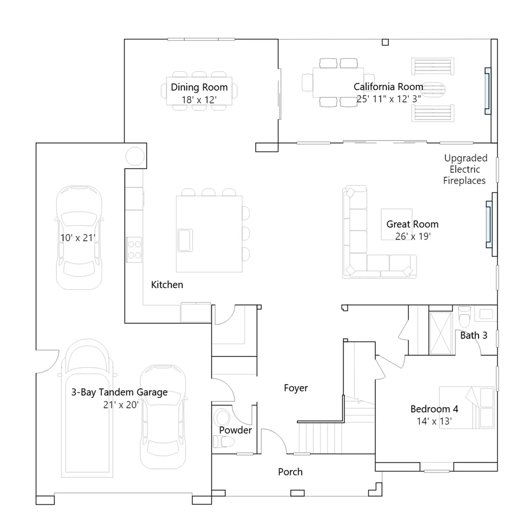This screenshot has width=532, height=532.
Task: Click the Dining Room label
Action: (199, 87)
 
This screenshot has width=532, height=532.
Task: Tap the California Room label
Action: (388, 87)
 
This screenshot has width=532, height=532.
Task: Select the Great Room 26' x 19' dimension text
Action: (413, 236)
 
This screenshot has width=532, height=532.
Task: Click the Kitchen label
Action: (167, 285)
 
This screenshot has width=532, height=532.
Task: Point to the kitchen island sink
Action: (185, 240)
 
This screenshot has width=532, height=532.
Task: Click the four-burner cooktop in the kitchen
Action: (134, 250)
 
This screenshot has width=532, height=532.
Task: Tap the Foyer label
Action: (296, 388)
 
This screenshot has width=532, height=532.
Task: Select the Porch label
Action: (290, 472)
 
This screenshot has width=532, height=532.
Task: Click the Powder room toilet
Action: (223, 442)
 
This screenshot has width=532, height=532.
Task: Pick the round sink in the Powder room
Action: (222, 417)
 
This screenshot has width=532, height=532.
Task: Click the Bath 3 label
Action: (474, 335)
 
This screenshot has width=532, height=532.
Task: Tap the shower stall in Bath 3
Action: (441, 333)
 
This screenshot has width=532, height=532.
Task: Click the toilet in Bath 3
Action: (465, 317)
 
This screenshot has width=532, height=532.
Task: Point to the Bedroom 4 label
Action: (434, 409)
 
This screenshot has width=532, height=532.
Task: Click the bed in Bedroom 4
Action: (467, 407)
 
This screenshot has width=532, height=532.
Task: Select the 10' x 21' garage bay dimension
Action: (78, 238)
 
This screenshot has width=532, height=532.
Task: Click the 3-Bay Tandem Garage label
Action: (119, 392)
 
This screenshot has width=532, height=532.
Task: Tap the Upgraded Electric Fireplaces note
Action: (465, 169)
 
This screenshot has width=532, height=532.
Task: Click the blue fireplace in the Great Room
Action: (488, 224)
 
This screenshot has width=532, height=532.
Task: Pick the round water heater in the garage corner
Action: (135, 156)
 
